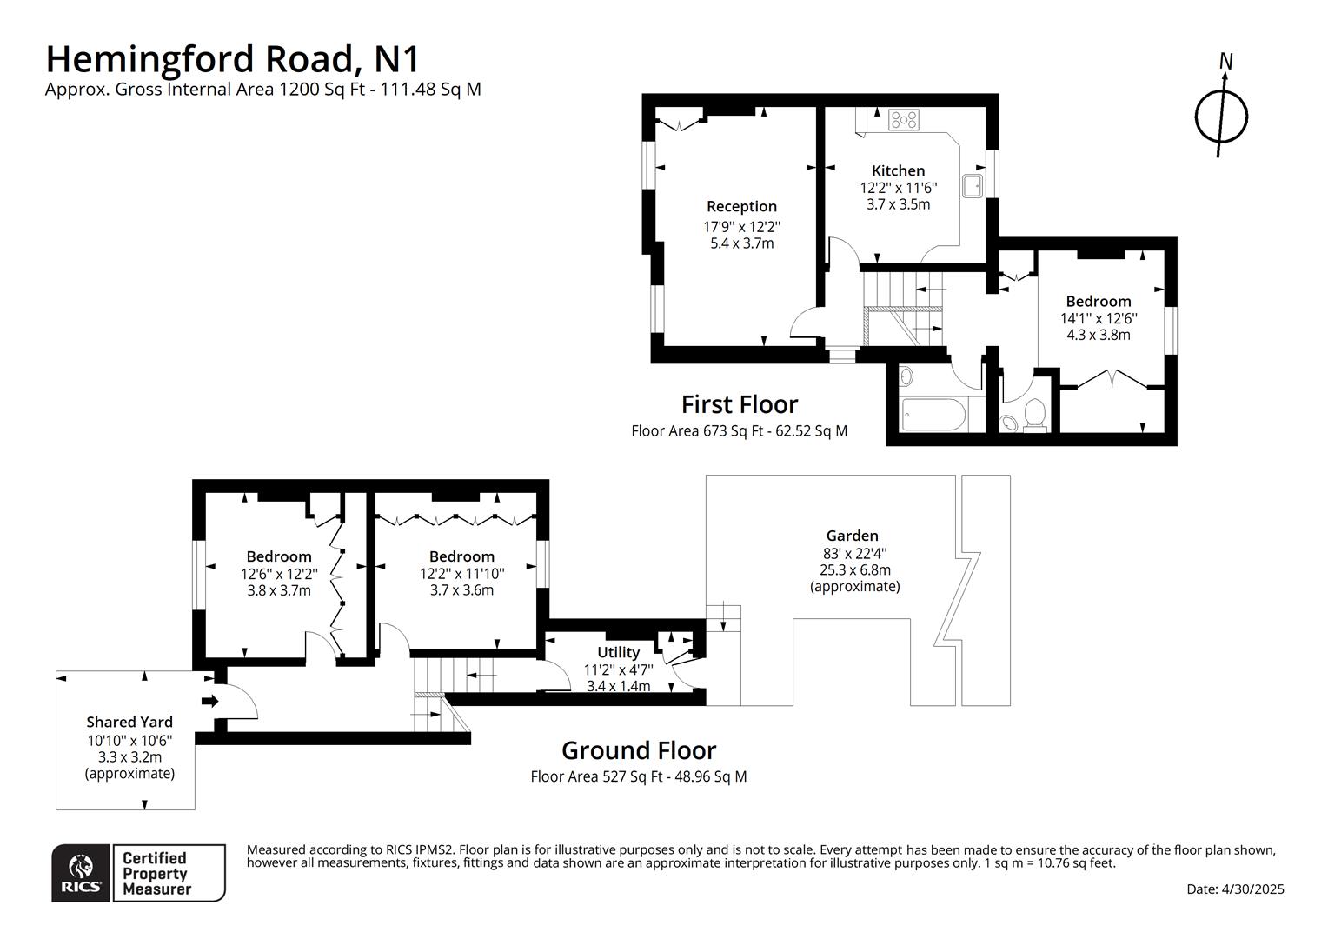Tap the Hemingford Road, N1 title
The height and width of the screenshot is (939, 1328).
click(x=232, y=59)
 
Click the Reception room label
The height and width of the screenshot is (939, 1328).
click(x=741, y=206)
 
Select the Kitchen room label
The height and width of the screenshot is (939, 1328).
click(x=898, y=170)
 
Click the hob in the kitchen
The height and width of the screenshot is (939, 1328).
click(x=904, y=120)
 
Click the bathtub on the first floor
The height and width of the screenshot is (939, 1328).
click(x=933, y=415)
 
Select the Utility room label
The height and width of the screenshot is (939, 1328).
click(x=618, y=652)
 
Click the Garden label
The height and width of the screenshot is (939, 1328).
click(x=852, y=536)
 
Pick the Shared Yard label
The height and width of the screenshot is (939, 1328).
click(x=129, y=722)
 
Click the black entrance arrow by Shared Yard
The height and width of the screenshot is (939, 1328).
click(x=209, y=701)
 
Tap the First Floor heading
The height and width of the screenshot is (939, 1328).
click(x=739, y=404)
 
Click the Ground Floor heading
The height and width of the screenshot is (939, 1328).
click(x=639, y=750)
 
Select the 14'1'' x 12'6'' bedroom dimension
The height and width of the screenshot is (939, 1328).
click(x=1099, y=318)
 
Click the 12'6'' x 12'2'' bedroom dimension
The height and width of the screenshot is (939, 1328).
click(x=279, y=574)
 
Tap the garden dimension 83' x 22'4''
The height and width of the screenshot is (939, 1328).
click(x=854, y=553)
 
